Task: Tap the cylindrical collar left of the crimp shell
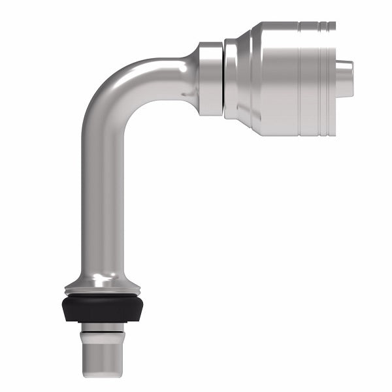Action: click(210, 78)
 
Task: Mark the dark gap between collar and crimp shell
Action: click(223, 78)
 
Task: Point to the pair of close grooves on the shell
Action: click(323, 78)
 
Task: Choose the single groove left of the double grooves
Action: click(300, 78)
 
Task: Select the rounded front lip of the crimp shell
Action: click(231, 78)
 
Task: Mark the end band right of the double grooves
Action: click(331, 78)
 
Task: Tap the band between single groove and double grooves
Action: click(310, 78)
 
